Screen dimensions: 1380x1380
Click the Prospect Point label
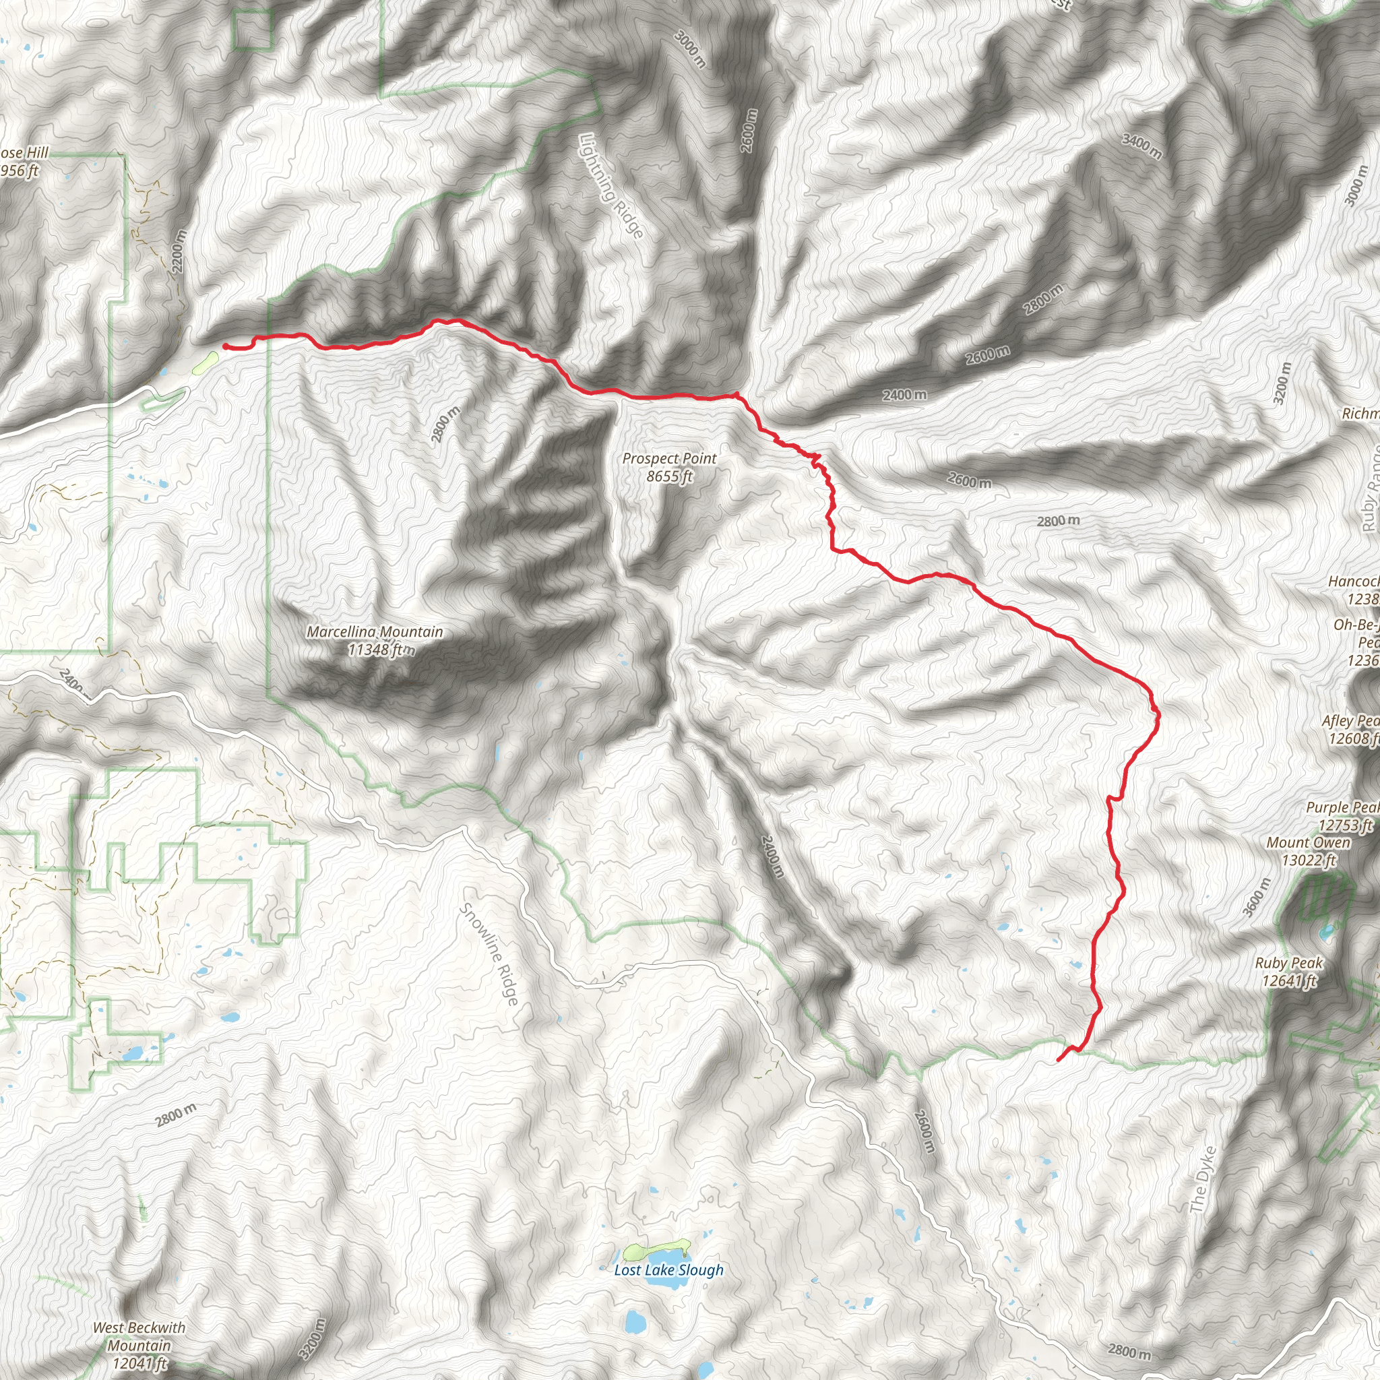point(668,459)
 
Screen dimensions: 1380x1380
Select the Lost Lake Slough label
point(668,1269)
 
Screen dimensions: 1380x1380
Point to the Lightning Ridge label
point(611,186)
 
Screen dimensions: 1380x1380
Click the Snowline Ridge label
point(489,953)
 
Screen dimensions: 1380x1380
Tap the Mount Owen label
point(1309,843)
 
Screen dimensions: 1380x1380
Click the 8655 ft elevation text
point(668,476)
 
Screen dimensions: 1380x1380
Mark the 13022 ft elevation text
point(1309,860)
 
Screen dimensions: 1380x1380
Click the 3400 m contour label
point(1141,146)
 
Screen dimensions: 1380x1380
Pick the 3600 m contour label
point(1257,896)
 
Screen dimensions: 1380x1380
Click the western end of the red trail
point(225,346)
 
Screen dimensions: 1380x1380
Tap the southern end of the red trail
point(1057,1060)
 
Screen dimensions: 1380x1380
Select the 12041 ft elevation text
point(139,1364)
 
